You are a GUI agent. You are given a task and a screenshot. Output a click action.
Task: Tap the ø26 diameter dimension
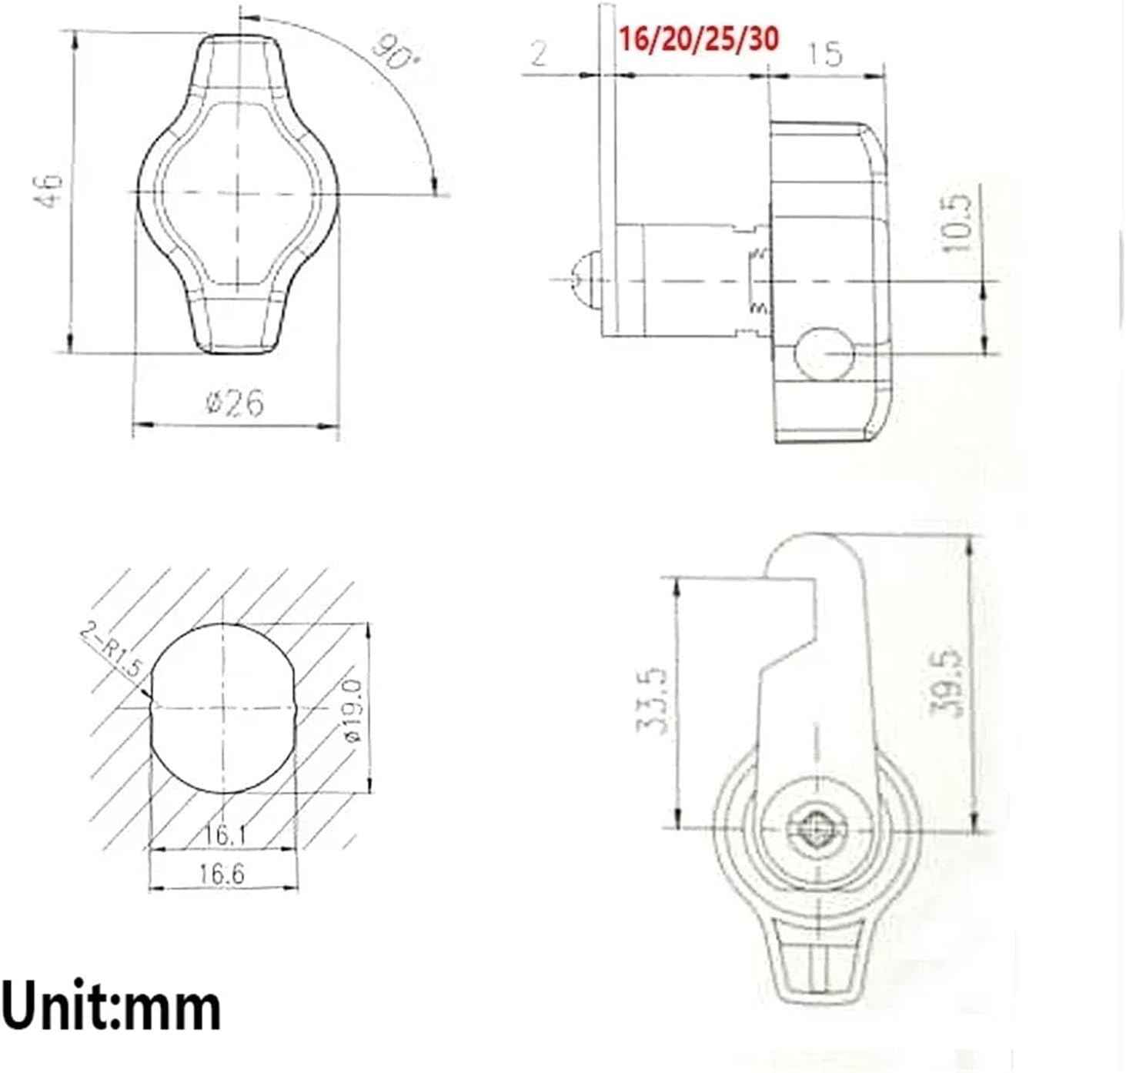pyautogui.click(x=235, y=403)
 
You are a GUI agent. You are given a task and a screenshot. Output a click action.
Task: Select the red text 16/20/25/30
pyautogui.click(x=699, y=38)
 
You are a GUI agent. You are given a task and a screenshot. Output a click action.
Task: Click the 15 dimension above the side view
pyautogui.click(x=825, y=53)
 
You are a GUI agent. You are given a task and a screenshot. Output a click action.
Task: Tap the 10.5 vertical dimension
pyautogui.click(x=958, y=223)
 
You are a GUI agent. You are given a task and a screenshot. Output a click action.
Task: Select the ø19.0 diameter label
pyautogui.click(x=353, y=710)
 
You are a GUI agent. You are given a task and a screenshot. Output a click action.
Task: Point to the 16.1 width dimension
pyautogui.click(x=222, y=834)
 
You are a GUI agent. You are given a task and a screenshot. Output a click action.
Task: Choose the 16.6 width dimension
pyautogui.click(x=222, y=874)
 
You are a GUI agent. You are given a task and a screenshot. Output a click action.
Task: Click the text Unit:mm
pyautogui.click(x=111, y=1008)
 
